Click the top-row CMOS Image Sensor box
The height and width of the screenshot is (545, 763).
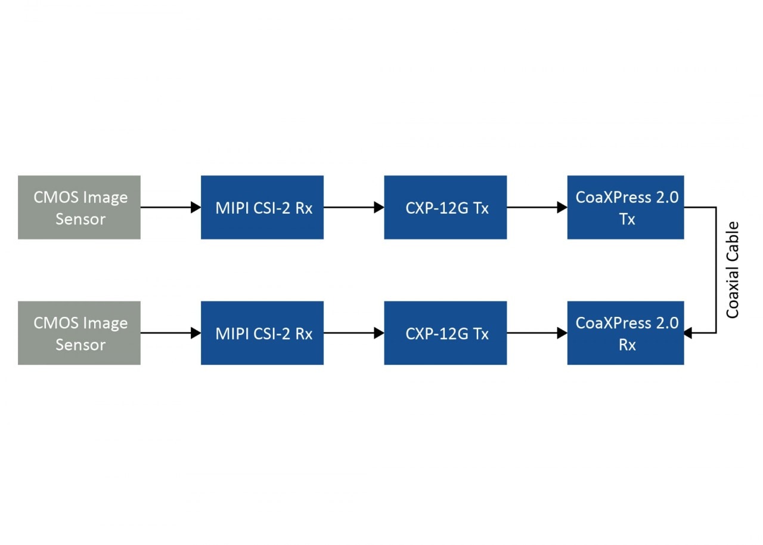[79, 207]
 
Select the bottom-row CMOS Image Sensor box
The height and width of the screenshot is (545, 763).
[79, 332]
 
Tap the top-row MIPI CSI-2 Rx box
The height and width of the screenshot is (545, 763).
[262, 207]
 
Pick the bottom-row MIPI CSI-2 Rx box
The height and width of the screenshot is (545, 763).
[262, 332]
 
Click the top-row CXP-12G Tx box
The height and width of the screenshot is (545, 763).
[445, 207]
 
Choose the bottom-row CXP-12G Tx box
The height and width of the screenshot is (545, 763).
[445, 332]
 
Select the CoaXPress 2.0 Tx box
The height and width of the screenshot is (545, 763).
[625, 207]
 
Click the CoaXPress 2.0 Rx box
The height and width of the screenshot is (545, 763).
[625, 332]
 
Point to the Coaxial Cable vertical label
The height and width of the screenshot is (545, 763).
[733, 270]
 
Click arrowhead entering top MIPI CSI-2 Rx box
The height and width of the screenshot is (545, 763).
[196, 207]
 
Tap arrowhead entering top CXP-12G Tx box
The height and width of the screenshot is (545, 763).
[379, 207]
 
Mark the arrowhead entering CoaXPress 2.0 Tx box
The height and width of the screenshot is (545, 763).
[562, 207]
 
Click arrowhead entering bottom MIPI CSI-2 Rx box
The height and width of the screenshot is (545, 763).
[196, 333]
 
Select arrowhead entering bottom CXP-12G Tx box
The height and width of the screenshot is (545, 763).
[379, 333]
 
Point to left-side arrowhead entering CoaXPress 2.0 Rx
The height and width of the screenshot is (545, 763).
[562, 333]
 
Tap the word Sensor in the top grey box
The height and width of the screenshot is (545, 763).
[80, 219]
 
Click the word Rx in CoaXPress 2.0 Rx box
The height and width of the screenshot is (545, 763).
[626, 345]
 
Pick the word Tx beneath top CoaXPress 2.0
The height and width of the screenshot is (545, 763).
[626, 219]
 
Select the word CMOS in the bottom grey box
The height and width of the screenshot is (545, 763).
[55, 323]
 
